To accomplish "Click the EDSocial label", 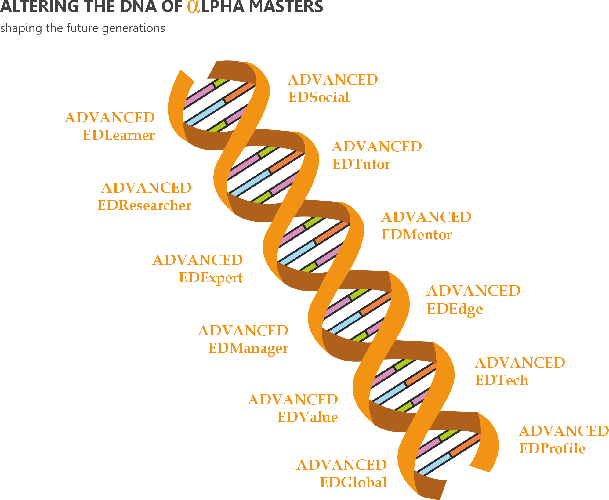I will pos(319,97).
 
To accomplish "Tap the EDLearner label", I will pos(119,135).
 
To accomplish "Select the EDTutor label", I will pos(361,164).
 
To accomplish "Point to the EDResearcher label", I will pos(144,205).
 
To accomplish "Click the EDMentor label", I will pos(417,235).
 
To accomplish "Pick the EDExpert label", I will pos(211,278).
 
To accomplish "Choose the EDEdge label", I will pos(455,309).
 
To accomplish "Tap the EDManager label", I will pos(248,348).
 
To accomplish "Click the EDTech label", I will pos(502,380).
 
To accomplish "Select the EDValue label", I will pos(308,417).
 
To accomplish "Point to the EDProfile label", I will pos(553,449).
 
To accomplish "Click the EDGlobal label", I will pos(353,483).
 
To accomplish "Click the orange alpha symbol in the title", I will pos(194,6).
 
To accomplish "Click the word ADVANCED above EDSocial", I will pos(333,80).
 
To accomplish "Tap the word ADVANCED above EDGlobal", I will pos(342,465).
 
